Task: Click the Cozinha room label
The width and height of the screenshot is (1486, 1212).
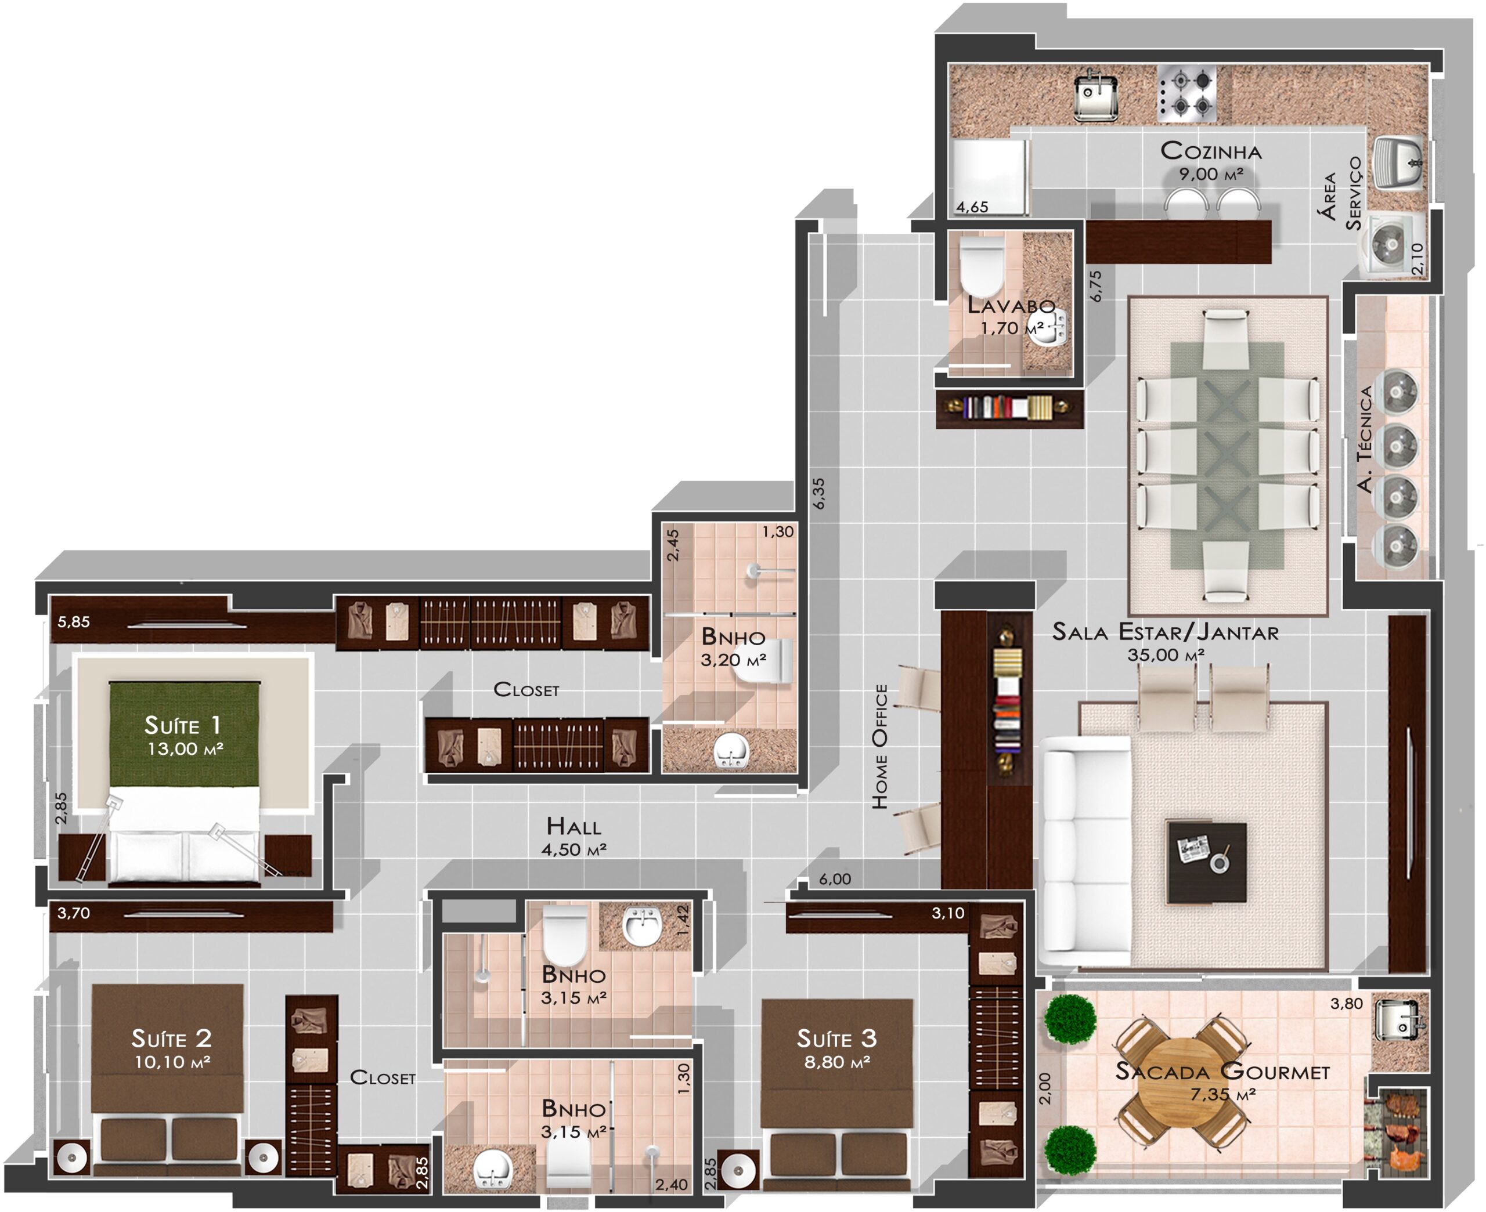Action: (1211, 151)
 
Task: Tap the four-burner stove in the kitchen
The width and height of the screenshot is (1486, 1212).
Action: (1186, 93)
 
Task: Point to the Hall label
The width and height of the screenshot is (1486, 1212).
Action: (574, 827)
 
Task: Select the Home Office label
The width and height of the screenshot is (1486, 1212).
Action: (881, 746)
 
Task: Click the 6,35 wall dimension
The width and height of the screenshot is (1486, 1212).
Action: (818, 493)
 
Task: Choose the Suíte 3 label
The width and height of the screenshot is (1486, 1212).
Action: (836, 1039)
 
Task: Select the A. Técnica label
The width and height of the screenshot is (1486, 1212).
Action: (1365, 439)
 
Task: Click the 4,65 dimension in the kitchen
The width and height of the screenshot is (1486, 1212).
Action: (972, 207)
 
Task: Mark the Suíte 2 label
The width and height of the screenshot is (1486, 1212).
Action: (171, 1039)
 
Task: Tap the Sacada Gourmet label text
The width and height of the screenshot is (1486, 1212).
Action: (1222, 1072)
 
